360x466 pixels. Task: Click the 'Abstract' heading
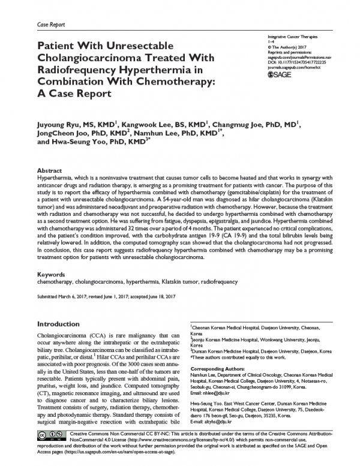[50, 170]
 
